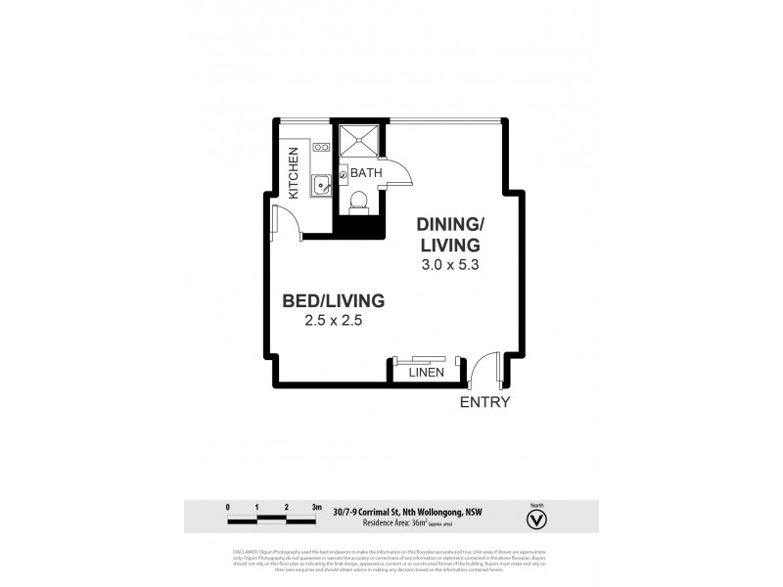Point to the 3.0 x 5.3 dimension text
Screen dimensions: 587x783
446,264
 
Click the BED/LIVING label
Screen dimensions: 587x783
334,299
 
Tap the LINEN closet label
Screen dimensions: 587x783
427,372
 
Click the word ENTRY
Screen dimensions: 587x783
485,402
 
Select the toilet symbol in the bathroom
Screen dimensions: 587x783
358,203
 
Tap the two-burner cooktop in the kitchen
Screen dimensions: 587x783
320,150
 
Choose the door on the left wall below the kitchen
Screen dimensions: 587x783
284,223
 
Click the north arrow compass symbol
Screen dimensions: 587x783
536,519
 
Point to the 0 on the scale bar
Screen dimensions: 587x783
227,508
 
